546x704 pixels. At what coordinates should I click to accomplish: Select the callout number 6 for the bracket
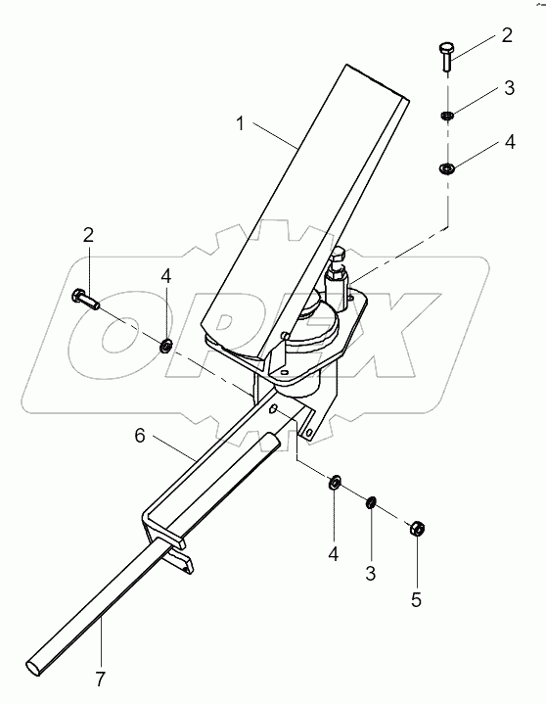point(140,435)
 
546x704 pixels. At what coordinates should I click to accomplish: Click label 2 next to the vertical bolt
point(507,36)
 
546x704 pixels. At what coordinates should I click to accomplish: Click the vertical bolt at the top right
point(447,57)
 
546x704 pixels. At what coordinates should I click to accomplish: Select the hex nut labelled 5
point(415,527)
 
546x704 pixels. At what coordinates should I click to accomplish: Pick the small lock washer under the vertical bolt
point(447,117)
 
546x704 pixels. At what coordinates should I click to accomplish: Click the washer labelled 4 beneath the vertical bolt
point(447,169)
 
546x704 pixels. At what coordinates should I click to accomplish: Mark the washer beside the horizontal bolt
point(166,345)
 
